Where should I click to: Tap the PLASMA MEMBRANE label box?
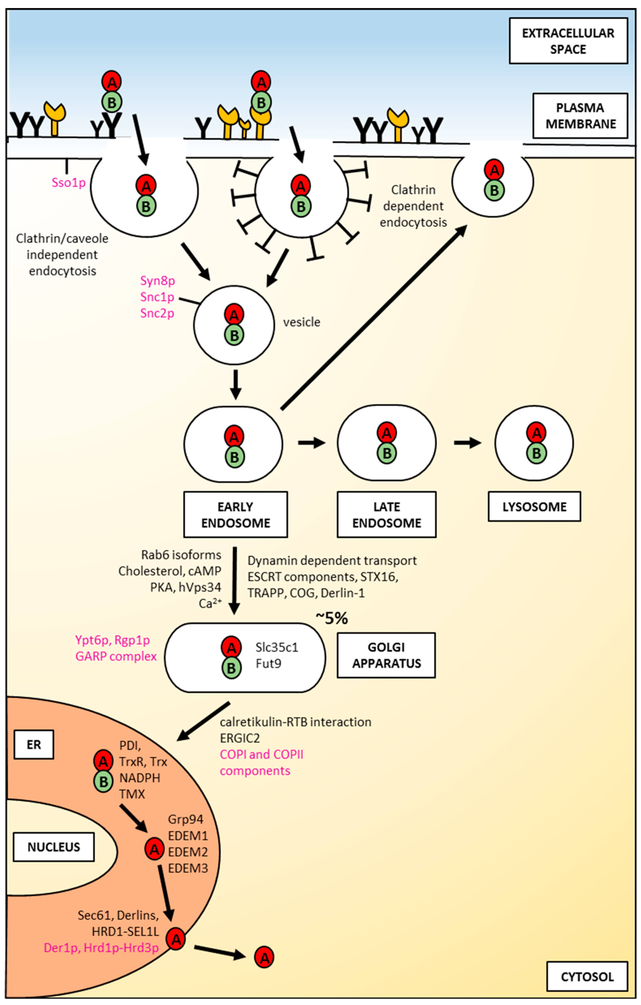(x=580, y=116)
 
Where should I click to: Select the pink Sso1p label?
(x=68, y=182)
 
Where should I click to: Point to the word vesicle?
(x=302, y=322)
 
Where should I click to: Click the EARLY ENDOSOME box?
(x=235, y=514)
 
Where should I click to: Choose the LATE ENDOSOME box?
(x=387, y=514)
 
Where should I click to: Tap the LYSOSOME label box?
(x=534, y=507)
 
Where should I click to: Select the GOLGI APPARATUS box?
(x=386, y=655)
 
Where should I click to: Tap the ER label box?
(x=34, y=745)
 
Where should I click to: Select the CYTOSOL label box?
(x=587, y=977)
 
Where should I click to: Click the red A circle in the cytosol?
(x=264, y=957)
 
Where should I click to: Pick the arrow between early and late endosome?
(x=311, y=443)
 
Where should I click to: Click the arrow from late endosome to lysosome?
(x=468, y=443)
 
